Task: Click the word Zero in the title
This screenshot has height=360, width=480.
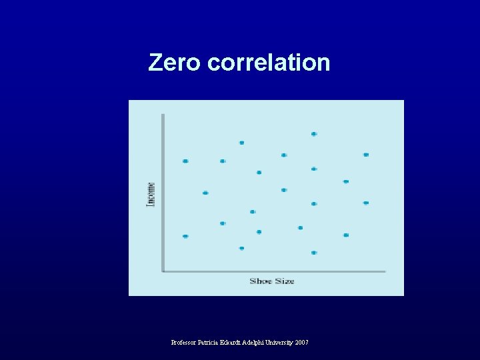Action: (x=174, y=62)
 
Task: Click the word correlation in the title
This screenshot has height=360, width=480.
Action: (x=268, y=62)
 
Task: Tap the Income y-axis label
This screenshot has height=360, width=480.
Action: (x=151, y=193)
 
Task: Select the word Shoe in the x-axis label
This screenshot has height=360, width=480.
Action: (x=261, y=281)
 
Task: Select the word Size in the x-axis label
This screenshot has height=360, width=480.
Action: (x=284, y=281)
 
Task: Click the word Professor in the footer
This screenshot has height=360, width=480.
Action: (x=184, y=342)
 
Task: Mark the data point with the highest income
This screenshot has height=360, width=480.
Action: (x=314, y=134)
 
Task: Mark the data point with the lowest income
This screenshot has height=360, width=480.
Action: (x=314, y=253)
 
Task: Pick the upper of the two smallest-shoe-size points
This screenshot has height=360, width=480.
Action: (x=185, y=161)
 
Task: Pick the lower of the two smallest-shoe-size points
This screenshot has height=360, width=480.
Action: (x=185, y=236)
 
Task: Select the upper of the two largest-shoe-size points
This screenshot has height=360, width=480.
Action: (x=366, y=155)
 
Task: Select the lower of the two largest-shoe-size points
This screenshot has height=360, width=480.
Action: (x=366, y=203)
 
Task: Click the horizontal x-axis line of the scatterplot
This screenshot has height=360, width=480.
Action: (x=273, y=271)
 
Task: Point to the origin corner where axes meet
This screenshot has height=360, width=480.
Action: (x=163, y=271)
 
